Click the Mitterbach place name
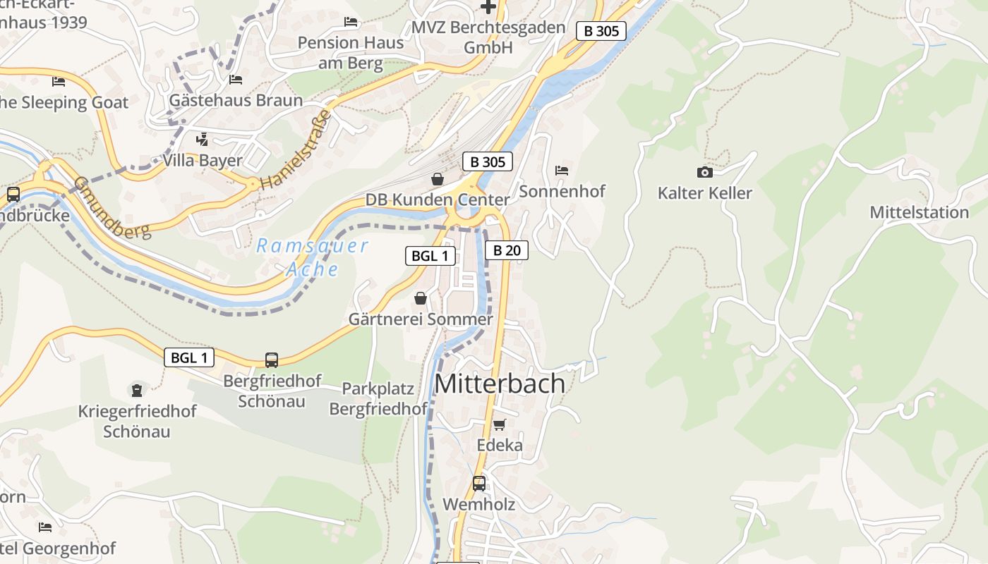[500, 384]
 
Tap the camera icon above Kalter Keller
[704, 172]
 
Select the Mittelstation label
[919, 212]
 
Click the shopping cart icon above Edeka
[500, 424]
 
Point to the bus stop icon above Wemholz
[479, 484]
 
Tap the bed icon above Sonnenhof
[562, 171]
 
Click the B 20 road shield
[506, 250]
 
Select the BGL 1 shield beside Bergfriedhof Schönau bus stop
[189, 357]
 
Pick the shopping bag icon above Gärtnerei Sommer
[421, 299]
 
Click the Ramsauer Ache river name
[312, 257]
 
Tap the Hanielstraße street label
[295, 149]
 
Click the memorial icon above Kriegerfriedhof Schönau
[137, 390]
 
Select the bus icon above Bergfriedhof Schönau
[272, 360]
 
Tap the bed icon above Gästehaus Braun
[236, 80]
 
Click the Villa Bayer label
[202, 160]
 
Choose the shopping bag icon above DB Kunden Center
[438, 179]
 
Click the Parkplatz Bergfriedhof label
[378, 398]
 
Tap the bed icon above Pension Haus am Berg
[351, 22]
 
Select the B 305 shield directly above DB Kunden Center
[487, 161]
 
